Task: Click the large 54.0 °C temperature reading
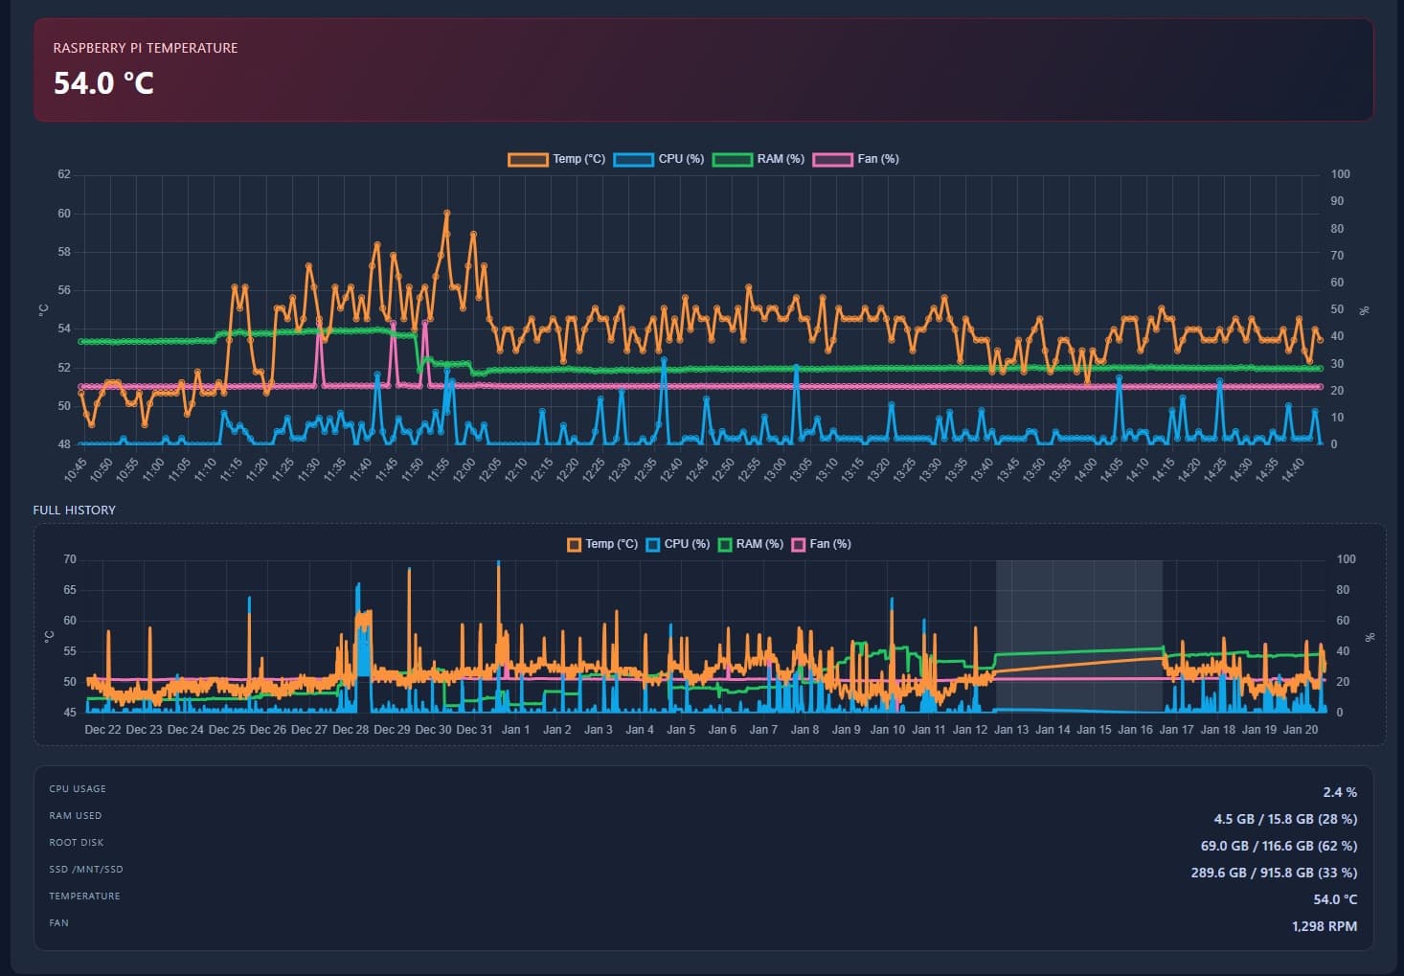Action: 103,83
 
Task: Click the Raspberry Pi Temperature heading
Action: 146,48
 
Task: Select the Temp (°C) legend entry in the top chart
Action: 556,159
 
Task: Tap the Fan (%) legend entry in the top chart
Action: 856,159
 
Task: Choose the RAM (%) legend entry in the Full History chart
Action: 751,544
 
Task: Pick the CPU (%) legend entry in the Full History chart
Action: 678,544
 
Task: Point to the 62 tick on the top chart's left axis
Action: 64,174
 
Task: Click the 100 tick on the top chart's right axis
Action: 1340,174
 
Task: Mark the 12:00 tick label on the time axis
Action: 464,469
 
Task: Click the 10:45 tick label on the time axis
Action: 76,469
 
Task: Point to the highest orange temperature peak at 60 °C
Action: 446,214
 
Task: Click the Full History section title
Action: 74,511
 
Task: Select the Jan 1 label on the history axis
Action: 515,730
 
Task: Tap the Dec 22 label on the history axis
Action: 102,730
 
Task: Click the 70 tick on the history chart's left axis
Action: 70,559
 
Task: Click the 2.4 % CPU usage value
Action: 1339,792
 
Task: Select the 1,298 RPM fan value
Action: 1324,926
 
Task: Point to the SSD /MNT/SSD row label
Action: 86,870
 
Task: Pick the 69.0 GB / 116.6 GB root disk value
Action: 1278,846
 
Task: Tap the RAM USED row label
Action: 76,816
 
